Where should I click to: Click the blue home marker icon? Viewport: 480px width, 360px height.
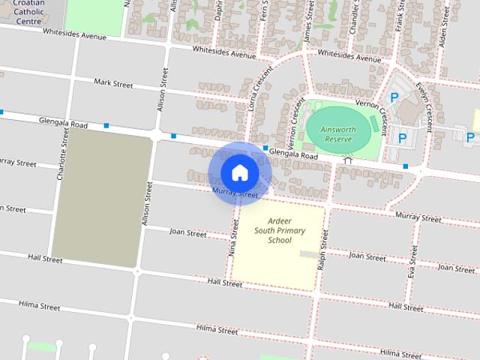tap(239, 172)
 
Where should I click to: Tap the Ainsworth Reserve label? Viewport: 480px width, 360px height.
tap(337, 133)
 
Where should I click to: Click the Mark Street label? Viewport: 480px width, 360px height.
tap(113, 84)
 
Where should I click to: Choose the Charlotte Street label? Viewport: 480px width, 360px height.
tap(61, 157)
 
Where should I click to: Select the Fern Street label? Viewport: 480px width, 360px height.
tap(264, 11)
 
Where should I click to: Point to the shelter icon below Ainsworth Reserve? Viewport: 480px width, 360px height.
tap(346, 160)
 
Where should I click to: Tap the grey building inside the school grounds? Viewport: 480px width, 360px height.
tap(308, 254)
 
